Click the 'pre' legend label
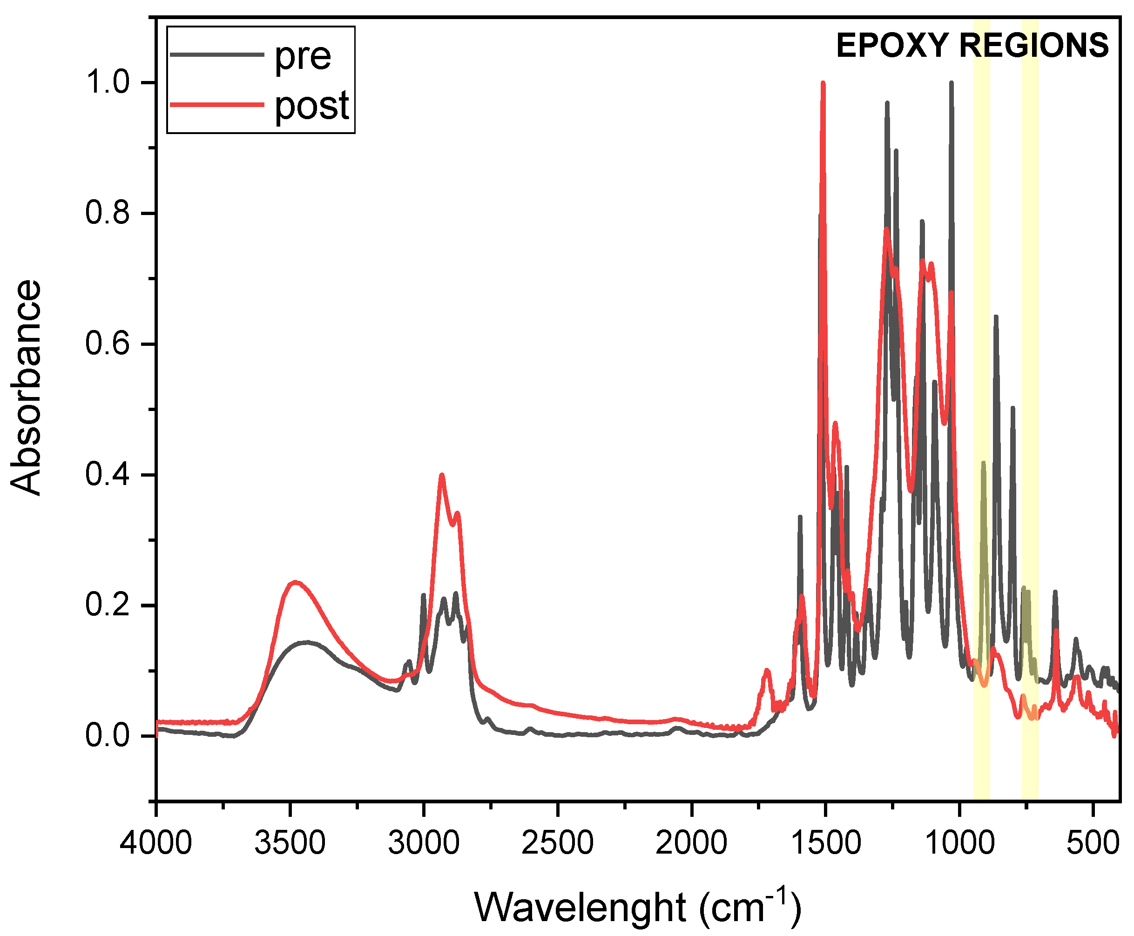tap(303, 56)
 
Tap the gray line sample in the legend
tap(217, 54)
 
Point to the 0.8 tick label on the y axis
tap(108, 213)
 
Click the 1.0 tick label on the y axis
tap(108, 82)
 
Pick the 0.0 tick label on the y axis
tap(108, 736)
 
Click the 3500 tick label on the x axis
tap(290, 842)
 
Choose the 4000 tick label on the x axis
tap(156, 842)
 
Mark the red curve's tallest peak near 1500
tap(823, 84)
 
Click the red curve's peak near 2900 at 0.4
tap(442, 475)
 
